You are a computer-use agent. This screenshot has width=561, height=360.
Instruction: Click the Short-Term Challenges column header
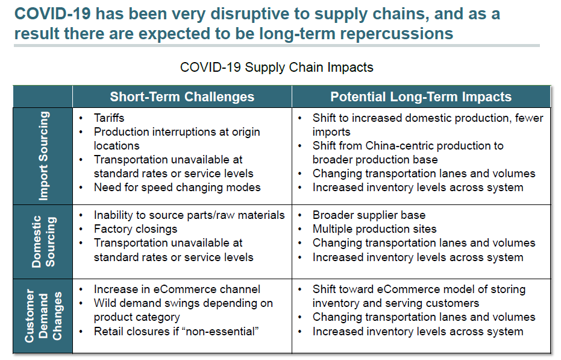(182, 96)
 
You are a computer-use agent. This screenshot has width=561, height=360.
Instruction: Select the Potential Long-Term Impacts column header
(421, 96)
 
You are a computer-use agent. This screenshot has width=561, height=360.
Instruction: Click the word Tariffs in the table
(109, 118)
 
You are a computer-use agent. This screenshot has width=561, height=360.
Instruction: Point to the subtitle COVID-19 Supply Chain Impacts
(277, 67)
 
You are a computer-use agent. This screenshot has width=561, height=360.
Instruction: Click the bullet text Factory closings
(136, 229)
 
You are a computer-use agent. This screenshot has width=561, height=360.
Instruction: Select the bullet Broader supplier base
(369, 215)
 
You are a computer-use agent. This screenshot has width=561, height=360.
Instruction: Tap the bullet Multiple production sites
(374, 229)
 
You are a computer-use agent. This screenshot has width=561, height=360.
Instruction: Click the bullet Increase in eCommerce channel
(177, 289)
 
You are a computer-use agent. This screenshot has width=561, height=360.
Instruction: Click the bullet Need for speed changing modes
(177, 188)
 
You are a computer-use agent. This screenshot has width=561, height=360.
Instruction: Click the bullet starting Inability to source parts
(189, 215)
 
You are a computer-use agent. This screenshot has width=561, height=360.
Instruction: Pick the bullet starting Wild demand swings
(183, 303)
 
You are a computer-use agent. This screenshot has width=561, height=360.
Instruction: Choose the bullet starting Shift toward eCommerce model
(419, 289)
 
